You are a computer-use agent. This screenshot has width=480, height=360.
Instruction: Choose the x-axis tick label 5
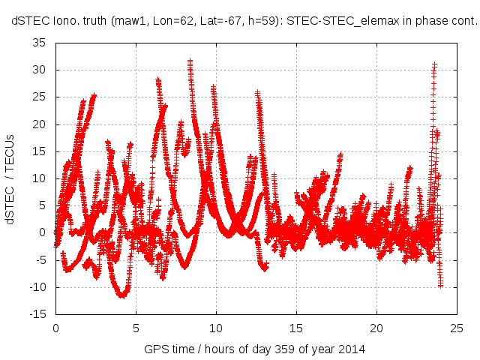point(136,328)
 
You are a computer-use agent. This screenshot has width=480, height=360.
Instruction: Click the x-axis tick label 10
point(216,328)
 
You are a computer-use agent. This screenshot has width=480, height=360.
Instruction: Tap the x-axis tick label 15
point(296,328)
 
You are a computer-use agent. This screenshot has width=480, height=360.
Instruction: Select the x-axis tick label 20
point(376,328)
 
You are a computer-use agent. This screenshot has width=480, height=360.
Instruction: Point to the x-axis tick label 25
point(457,328)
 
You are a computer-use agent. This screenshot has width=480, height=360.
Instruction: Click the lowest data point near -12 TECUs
point(121,296)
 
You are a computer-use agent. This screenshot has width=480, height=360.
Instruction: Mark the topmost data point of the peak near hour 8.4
point(190,61)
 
